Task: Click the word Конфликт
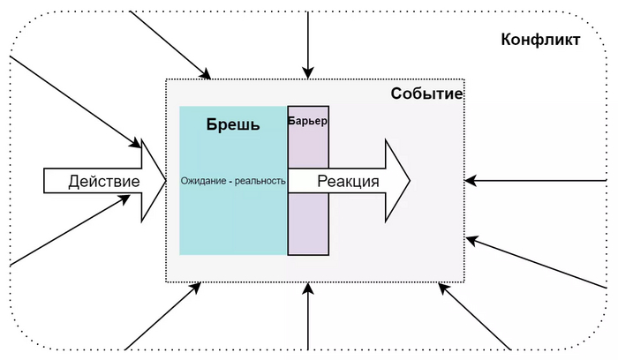click(x=540, y=40)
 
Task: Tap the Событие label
click(x=427, y=94)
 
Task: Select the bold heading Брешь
click(x=233, y=124)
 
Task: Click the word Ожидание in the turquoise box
click(x=207, y=181)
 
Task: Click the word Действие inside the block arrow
click(x=104, y=182)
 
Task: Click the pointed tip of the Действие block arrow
click(x=164, y=181)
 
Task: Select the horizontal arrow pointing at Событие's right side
click(x=539, y=181)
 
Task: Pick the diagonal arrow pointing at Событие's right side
click(x=539, y=263)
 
